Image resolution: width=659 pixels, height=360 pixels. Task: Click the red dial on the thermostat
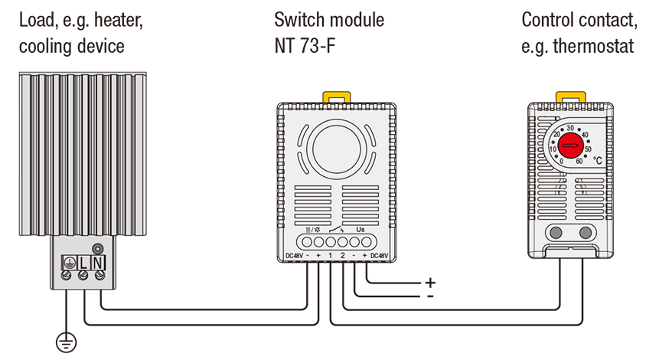(567, 143)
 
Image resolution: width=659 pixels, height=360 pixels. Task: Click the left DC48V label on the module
(295, 255)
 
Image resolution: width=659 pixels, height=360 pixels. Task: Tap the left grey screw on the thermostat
(555, 233)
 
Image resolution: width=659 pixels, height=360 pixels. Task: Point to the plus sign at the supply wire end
(430, 282)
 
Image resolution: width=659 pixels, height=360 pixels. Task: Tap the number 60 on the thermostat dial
(579, 162)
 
